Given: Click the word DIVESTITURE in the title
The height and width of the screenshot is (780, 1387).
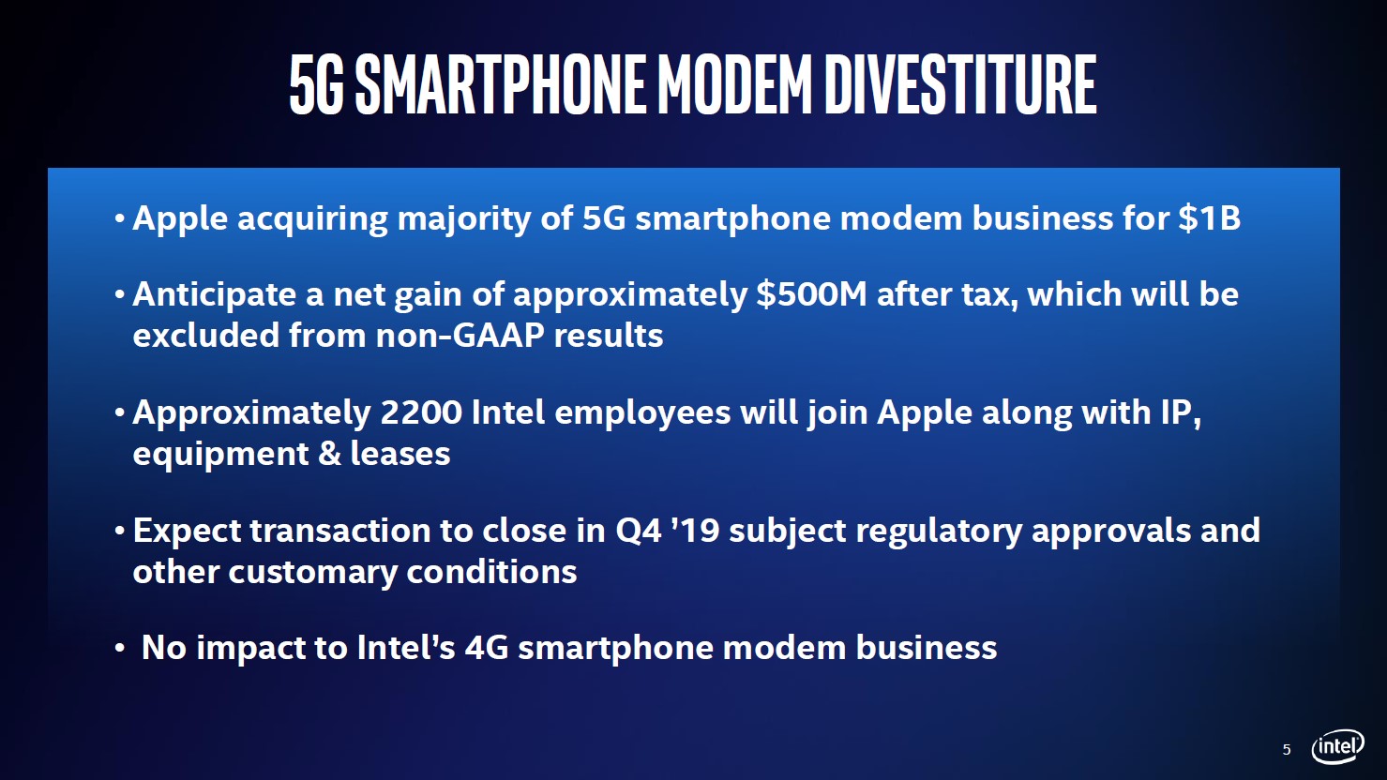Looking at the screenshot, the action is (959, 84).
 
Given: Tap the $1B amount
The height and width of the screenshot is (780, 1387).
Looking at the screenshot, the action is (1210, 217).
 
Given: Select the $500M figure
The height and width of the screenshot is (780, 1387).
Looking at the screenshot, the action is (811, 294).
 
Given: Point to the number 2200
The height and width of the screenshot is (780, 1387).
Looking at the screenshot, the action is (421, 412).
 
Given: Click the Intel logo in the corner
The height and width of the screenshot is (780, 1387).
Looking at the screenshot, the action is (1337, 746).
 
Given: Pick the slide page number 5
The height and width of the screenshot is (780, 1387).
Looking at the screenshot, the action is (1287, 750).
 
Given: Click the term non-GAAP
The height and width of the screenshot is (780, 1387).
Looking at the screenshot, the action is (460, 336).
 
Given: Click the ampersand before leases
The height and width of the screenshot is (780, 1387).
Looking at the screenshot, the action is (329, 454).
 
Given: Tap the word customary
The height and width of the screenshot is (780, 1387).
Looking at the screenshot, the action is (312, 573).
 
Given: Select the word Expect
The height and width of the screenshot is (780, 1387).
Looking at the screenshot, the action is (187, 532).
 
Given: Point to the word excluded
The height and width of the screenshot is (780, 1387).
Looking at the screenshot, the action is (206, 336).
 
